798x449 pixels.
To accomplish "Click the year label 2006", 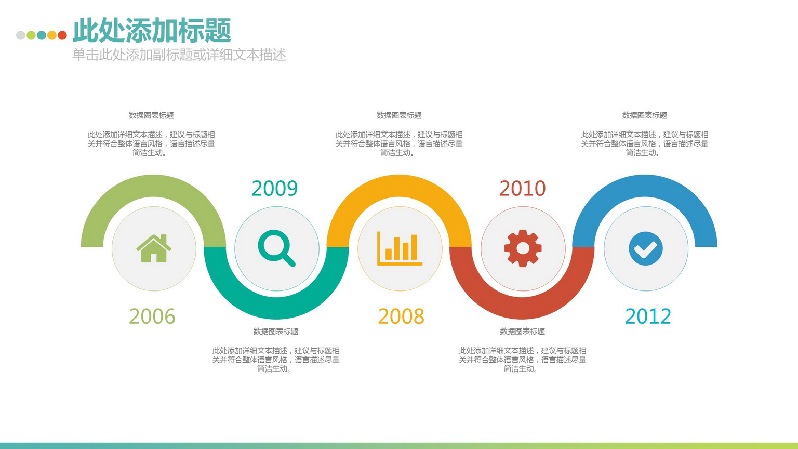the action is [x=152, y=316].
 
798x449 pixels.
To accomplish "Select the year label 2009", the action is [x=274, y=189].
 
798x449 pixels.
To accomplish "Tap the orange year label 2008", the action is [x=401, y=316].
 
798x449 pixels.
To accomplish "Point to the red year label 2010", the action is [x=522, y=189].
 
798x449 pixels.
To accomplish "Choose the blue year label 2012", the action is [x=648, y=316].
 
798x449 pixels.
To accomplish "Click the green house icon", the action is [x=154, y=248].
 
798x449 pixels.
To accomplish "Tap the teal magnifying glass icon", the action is [x=276, y=248].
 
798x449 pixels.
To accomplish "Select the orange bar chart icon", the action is [x=400, y=248].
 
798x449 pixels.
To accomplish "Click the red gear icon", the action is [x=523, y=248].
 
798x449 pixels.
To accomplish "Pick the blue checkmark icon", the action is [x=646, y=248].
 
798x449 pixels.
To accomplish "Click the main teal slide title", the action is [x=152, y=30].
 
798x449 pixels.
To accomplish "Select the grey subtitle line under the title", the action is [x=179, y=55].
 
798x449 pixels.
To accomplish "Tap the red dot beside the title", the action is [x=62, y=35].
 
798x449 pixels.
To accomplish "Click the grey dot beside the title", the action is [x=21, y=35].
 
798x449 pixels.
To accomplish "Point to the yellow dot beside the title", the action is [x=52, y=35].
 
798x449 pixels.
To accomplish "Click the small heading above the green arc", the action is [x=151, y=115].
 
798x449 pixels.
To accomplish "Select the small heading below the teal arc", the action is [x=276, y=332].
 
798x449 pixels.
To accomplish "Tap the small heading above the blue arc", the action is [x=644, y=115].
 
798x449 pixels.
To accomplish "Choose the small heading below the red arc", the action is [x=522, y=332].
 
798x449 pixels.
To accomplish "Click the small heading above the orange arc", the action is [x=399, y=115].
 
